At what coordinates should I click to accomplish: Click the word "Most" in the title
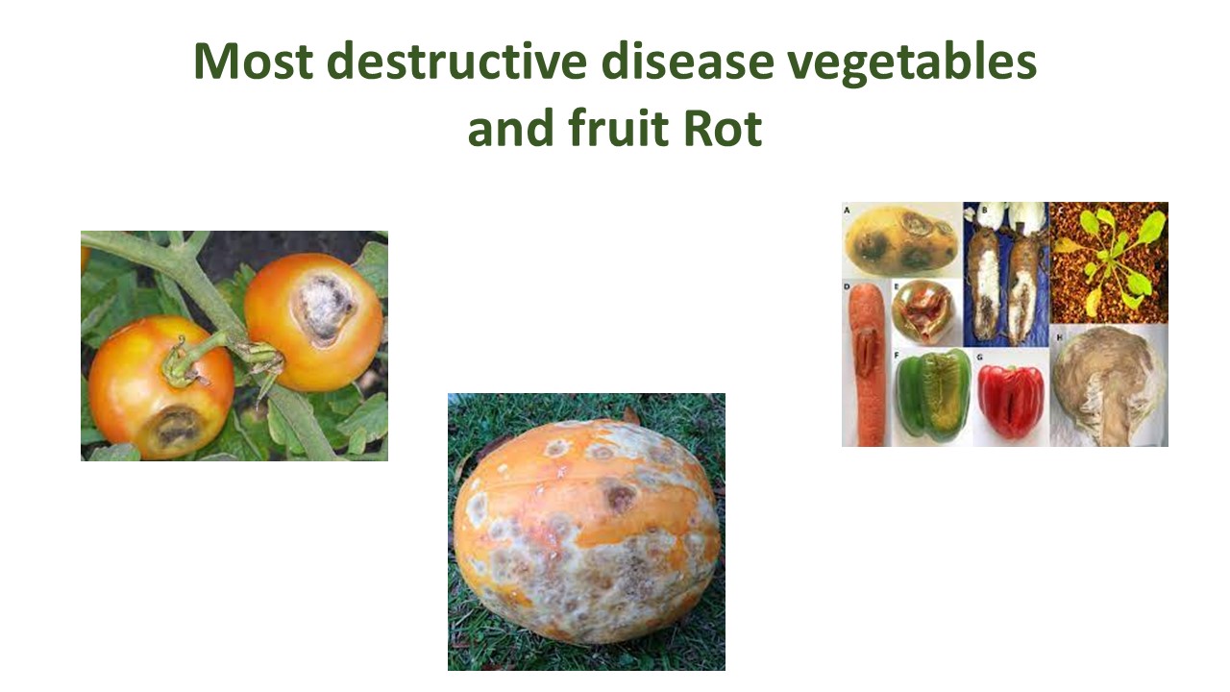click(252, 62)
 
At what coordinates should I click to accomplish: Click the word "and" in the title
click(506, 130)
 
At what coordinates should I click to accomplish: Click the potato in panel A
click(901, 240)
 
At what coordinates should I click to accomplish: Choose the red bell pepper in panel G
click(1010, 398)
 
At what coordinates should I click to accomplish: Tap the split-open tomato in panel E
click(925, 312)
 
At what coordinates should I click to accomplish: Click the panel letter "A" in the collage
click(848, 209)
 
